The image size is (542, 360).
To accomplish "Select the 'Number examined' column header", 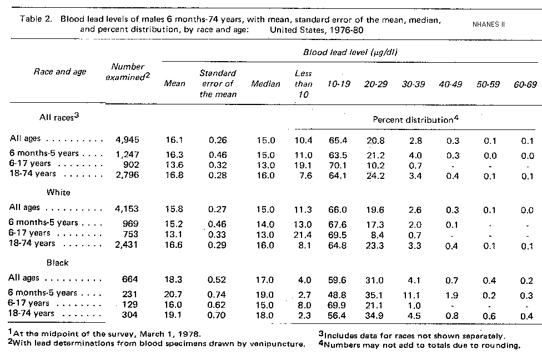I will pyautogui.click(x=128, y=72).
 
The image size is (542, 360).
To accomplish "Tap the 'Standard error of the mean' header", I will pyautogui.click(x=218, y=83).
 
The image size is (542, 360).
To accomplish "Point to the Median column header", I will pyautogui.click(x=266, y=84).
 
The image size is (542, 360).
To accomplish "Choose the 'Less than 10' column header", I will pyautogui.click(x=303, y=83).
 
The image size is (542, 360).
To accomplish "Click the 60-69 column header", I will pyautogui.click(x=525, y=84).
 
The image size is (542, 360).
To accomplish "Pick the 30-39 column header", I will pyautogui.click(x=414, y=84).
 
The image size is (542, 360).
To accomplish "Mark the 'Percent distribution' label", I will pyautogui.click(x=414, y=119).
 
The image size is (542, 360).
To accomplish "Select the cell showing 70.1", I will pyautogui.click(x=339, y=165).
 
